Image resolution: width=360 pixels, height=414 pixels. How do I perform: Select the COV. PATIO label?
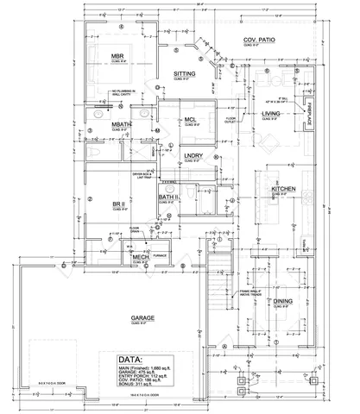click(259, 41)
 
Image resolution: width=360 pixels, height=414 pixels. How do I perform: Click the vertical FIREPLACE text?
click(309, 114)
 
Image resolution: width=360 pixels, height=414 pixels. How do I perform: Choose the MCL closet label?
click(191, 120)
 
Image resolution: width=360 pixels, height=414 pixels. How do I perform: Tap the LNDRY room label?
click(193, 156)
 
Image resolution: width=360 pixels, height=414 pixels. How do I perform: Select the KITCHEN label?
click(285, 188)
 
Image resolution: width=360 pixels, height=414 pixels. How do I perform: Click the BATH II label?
click(168, 198)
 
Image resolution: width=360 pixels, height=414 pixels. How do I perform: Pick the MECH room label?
click(141, 257)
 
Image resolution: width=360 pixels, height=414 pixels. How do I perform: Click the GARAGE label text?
click(142, 318)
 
